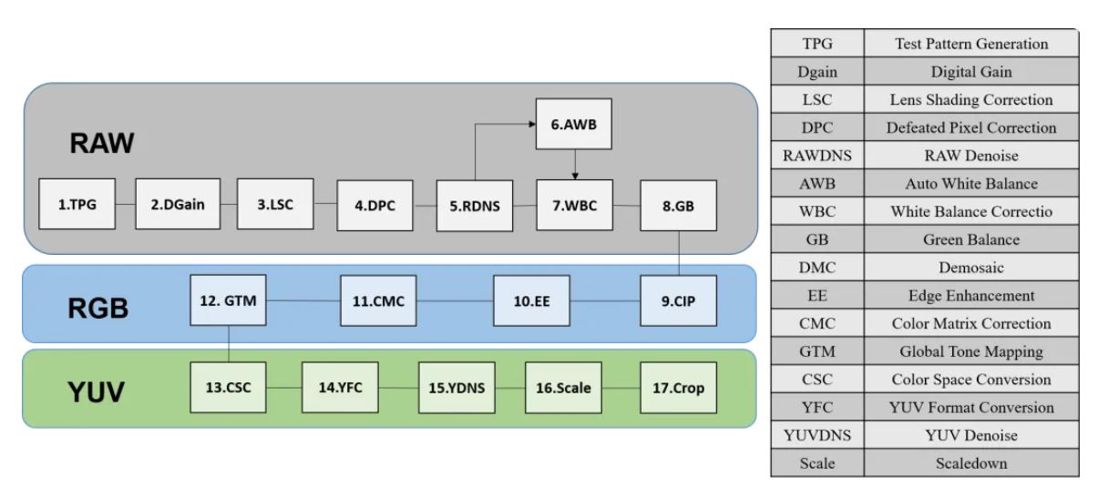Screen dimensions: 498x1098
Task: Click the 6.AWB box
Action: click(573, 125)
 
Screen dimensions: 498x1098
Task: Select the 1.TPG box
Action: click(77, 205)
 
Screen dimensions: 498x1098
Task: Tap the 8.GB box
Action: click(678, 205)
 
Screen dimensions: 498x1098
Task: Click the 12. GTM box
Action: click(229, 299)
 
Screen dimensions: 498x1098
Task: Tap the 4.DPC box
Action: click(375, 205)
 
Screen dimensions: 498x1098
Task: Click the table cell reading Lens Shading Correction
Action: click(970, 99)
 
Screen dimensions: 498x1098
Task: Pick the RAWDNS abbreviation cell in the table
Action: click(816, 156)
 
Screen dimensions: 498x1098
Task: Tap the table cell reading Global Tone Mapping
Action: click(970, 351)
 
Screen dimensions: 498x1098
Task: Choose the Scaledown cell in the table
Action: click(970, 463)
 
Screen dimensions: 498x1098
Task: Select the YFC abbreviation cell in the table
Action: click(816, 407)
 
